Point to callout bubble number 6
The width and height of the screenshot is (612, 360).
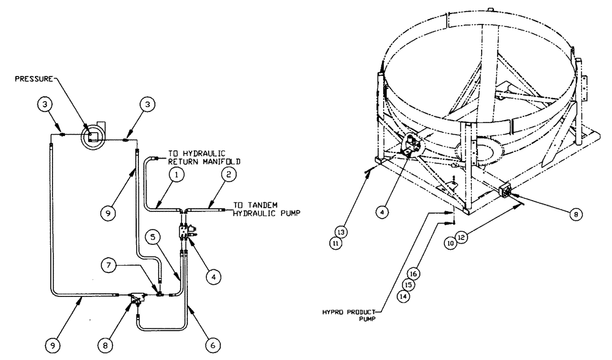point(212,345)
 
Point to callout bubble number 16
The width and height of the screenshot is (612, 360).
point(413,272)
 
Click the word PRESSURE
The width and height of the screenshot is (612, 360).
point(35,78)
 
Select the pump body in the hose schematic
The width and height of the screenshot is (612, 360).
point(136,299)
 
